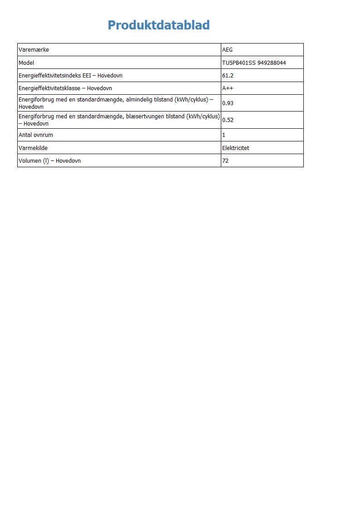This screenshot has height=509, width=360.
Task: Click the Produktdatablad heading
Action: click(159, 25)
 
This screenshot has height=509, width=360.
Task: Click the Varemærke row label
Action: click(34, 50)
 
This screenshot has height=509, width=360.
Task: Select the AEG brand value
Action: click(227, 50)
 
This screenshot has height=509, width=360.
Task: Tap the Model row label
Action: click(26, 63)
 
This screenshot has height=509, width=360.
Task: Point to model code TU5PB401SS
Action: click(239, 63)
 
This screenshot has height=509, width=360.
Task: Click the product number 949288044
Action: click(272, 63)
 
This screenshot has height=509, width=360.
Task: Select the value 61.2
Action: click(228, 76)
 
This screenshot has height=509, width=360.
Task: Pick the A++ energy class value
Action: click(228, 88)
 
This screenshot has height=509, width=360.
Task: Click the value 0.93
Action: click(228, 103)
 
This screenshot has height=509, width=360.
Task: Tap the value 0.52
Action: click(228, 120)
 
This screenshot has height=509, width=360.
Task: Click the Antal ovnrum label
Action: click(36, 135)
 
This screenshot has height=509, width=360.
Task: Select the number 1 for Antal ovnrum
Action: click(224, 135)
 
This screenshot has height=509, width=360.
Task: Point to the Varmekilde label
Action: click(33, 148)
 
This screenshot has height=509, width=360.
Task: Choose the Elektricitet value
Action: click(235, 148)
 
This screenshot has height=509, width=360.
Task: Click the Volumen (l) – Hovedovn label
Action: click(49, 161)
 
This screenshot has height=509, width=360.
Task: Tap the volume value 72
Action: click(225, 161)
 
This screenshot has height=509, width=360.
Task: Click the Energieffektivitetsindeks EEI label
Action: click(55, 76)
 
